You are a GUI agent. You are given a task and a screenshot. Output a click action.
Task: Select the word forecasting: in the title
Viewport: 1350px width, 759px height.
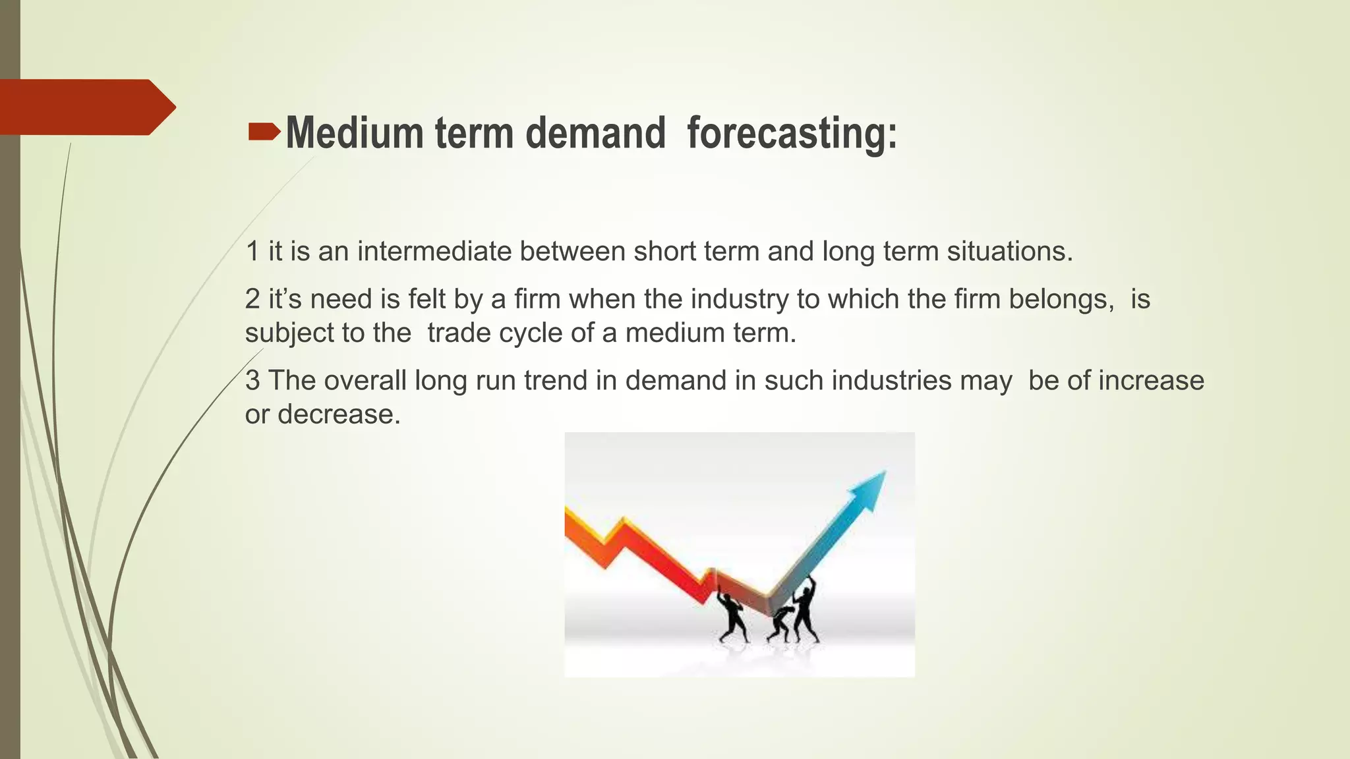click(x=792, y=133)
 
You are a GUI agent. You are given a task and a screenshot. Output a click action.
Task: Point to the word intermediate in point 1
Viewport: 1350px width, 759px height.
click(x=434, y=252)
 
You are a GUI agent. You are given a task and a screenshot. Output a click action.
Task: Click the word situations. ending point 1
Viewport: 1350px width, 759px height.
click(x=1010, y=252)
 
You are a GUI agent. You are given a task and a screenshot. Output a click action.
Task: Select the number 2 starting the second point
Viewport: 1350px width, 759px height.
click(x=252, y=300)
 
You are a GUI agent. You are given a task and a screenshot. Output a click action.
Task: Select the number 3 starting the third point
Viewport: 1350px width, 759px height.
click(x=252, y=381)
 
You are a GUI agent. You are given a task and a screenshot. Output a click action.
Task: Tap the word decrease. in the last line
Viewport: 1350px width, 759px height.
click(x=339, y=414)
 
